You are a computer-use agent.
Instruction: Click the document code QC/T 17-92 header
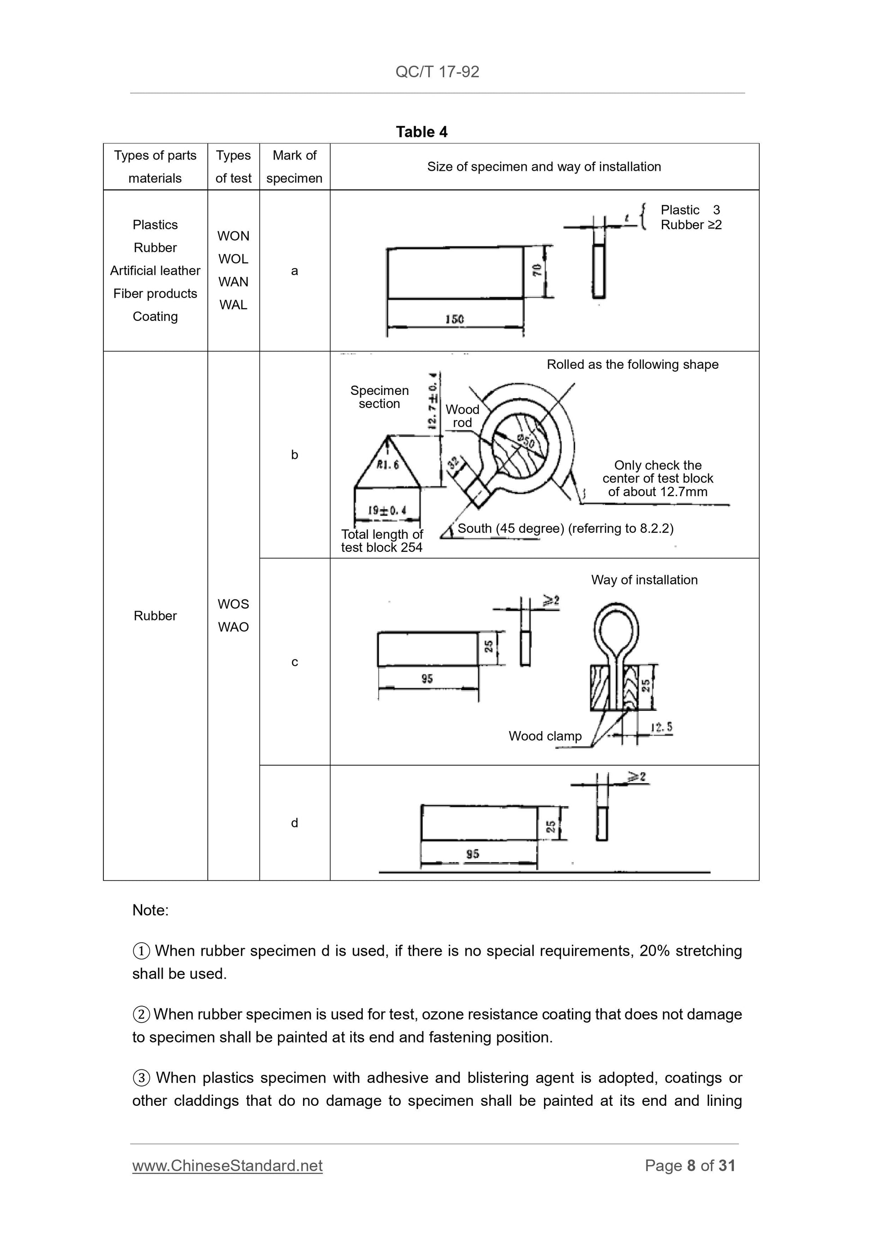[437, 71]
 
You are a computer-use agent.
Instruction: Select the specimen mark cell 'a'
[295, 270]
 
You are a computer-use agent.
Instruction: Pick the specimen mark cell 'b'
[295, 455]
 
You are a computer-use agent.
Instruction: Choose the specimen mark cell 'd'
[295, 823]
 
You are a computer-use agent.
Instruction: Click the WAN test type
[233, 282]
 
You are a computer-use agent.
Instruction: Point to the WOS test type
[233, 604]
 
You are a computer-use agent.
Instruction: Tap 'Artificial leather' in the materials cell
[155, 270]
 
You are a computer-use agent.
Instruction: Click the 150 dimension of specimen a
[455, 319]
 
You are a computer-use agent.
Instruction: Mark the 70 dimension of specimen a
[537, 270]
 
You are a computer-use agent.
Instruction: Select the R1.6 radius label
[388, 465]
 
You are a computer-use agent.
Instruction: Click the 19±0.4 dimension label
[387, 510]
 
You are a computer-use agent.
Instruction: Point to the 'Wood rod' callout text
[462, 416]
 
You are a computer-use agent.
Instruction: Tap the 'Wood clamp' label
[545, 736]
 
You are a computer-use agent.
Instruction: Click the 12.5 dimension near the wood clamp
[661, 727]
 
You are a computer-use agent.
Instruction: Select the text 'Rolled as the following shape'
[632, 364]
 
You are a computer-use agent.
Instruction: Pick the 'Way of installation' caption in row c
[644, 580]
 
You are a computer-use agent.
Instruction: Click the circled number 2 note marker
[141, 1015]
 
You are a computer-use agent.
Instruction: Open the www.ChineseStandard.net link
[228, 1166]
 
